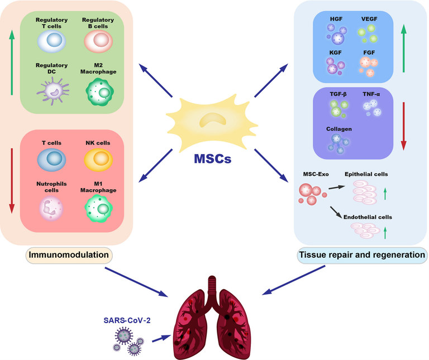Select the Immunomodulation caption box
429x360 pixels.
(x=69, y=255)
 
